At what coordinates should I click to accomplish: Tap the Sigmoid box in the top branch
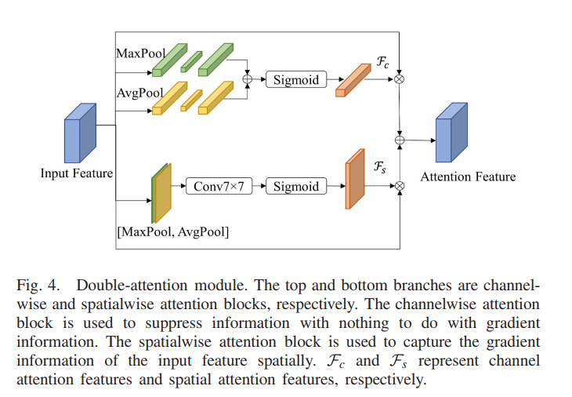click(296, 79)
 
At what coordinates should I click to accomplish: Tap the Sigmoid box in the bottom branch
click(296, 186)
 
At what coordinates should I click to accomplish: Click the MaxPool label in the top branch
click(140, 53)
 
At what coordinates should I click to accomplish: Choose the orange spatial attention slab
click(355, 179)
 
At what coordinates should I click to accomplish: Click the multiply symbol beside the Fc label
click(400, 79)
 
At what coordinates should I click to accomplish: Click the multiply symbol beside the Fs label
click(400, 186)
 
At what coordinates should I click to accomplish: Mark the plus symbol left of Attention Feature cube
click(400, 140)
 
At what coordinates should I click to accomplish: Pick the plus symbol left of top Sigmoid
click(249, 79)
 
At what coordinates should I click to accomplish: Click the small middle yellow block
click(190, 99)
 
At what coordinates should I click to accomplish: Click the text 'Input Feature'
click(77, 173)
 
